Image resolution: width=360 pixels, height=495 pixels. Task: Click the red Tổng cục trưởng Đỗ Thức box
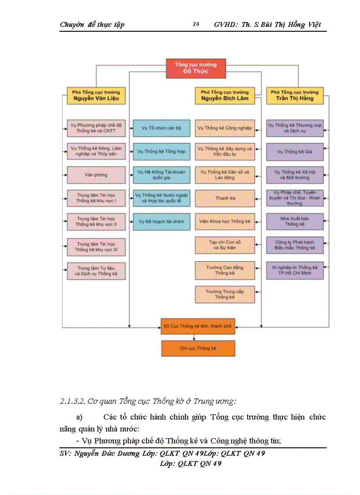pyautogui.click(x=195, y=68)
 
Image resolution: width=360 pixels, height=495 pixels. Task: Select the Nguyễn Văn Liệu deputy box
pyautogui.click(x=96, y=95)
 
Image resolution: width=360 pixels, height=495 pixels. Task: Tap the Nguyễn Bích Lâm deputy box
pyautogui.click(x=225, y=95)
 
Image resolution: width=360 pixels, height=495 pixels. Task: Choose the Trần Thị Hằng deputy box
pyautogui.click(x=294, y=95)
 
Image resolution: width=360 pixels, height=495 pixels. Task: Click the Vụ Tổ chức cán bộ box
pyautogui.click(x=161, y=128)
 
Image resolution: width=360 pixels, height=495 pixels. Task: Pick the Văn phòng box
pyautogui.click(x=96, y=175)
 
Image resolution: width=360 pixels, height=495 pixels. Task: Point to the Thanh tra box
pyautogui.click(x=225, y=198)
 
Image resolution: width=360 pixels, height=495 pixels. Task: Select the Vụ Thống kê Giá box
pyautogui.click(x=295, y=152)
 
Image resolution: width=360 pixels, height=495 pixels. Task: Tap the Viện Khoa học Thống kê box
pyautogui.click(x=225, y=221)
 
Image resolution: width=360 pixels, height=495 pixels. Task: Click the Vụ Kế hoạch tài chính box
pyautogui.click(x=161, y=221)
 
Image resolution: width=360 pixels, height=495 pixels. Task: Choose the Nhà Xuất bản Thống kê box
pyautogui.click(x=295, y=221)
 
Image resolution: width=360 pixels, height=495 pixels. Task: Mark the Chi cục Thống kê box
pyautogui.click(x=198, y=348)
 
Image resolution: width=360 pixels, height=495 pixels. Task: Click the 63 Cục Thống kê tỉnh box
pyautogui.click(x=198, y=327)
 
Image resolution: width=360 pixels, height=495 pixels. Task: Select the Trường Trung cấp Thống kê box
pyautogui.click(x=225, y=294)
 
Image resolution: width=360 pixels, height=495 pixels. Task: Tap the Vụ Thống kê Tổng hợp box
pyautogui.click(x=161, y=151)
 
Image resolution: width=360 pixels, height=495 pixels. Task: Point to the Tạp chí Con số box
pyautogui.click(x=225, y=245)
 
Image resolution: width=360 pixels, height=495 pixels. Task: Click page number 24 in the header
pyautogui.click(x=196, y=24)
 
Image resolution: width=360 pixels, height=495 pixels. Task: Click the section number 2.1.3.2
pyautogui.click(x=72, y=402)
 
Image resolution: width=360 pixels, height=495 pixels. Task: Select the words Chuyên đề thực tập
pyautogui.click(x=92, y=25)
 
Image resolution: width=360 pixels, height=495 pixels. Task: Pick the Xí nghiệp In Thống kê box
pyautogui.click(x=295, y=270)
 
